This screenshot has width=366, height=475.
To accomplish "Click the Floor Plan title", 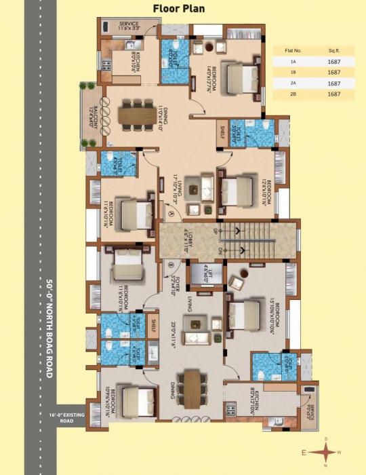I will (x=184, y=9).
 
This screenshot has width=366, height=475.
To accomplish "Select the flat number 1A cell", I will (x=293, y=61).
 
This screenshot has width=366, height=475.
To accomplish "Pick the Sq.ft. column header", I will (x=333, y=50).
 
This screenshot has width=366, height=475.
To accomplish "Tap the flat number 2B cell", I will (x=293, y=94).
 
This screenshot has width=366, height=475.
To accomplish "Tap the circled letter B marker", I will (x=171, y=265).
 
